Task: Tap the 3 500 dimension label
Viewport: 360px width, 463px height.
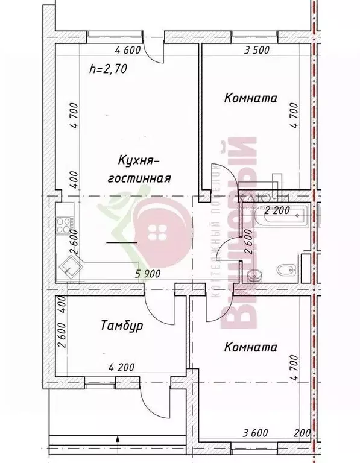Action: point(256,51)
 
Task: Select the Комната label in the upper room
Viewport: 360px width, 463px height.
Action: point(250,98)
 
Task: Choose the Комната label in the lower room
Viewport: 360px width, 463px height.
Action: point(250,347)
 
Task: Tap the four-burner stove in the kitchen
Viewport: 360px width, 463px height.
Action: point(64,227)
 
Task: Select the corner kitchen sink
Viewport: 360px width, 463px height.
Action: point(71,264)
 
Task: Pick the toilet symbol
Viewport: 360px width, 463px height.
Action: point(285,269)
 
